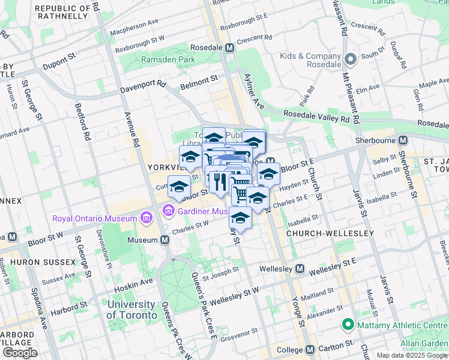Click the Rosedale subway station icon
[229, 47]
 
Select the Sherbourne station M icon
[403, 140]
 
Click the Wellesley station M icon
[300, 268]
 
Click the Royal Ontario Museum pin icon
[145, 218]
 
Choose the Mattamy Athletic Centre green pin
[346, 325]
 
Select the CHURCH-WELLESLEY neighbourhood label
[330, 233]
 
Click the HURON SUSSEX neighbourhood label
[46, 262]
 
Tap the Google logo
[20, 353]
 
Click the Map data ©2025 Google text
[411, 355]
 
